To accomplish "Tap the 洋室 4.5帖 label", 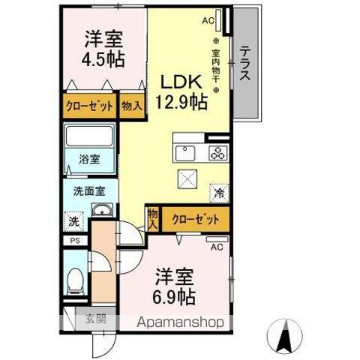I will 103,48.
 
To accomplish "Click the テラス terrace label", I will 245,64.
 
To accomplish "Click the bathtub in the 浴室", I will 90,138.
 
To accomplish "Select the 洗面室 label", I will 88,190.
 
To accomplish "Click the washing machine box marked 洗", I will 73,221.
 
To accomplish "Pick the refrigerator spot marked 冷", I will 219,193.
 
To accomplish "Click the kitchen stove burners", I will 217,153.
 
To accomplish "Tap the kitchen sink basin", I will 184,153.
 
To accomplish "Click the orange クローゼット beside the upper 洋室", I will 88,106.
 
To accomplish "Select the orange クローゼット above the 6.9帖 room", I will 195,219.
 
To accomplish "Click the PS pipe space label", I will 74,241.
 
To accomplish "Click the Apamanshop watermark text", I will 182,323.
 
